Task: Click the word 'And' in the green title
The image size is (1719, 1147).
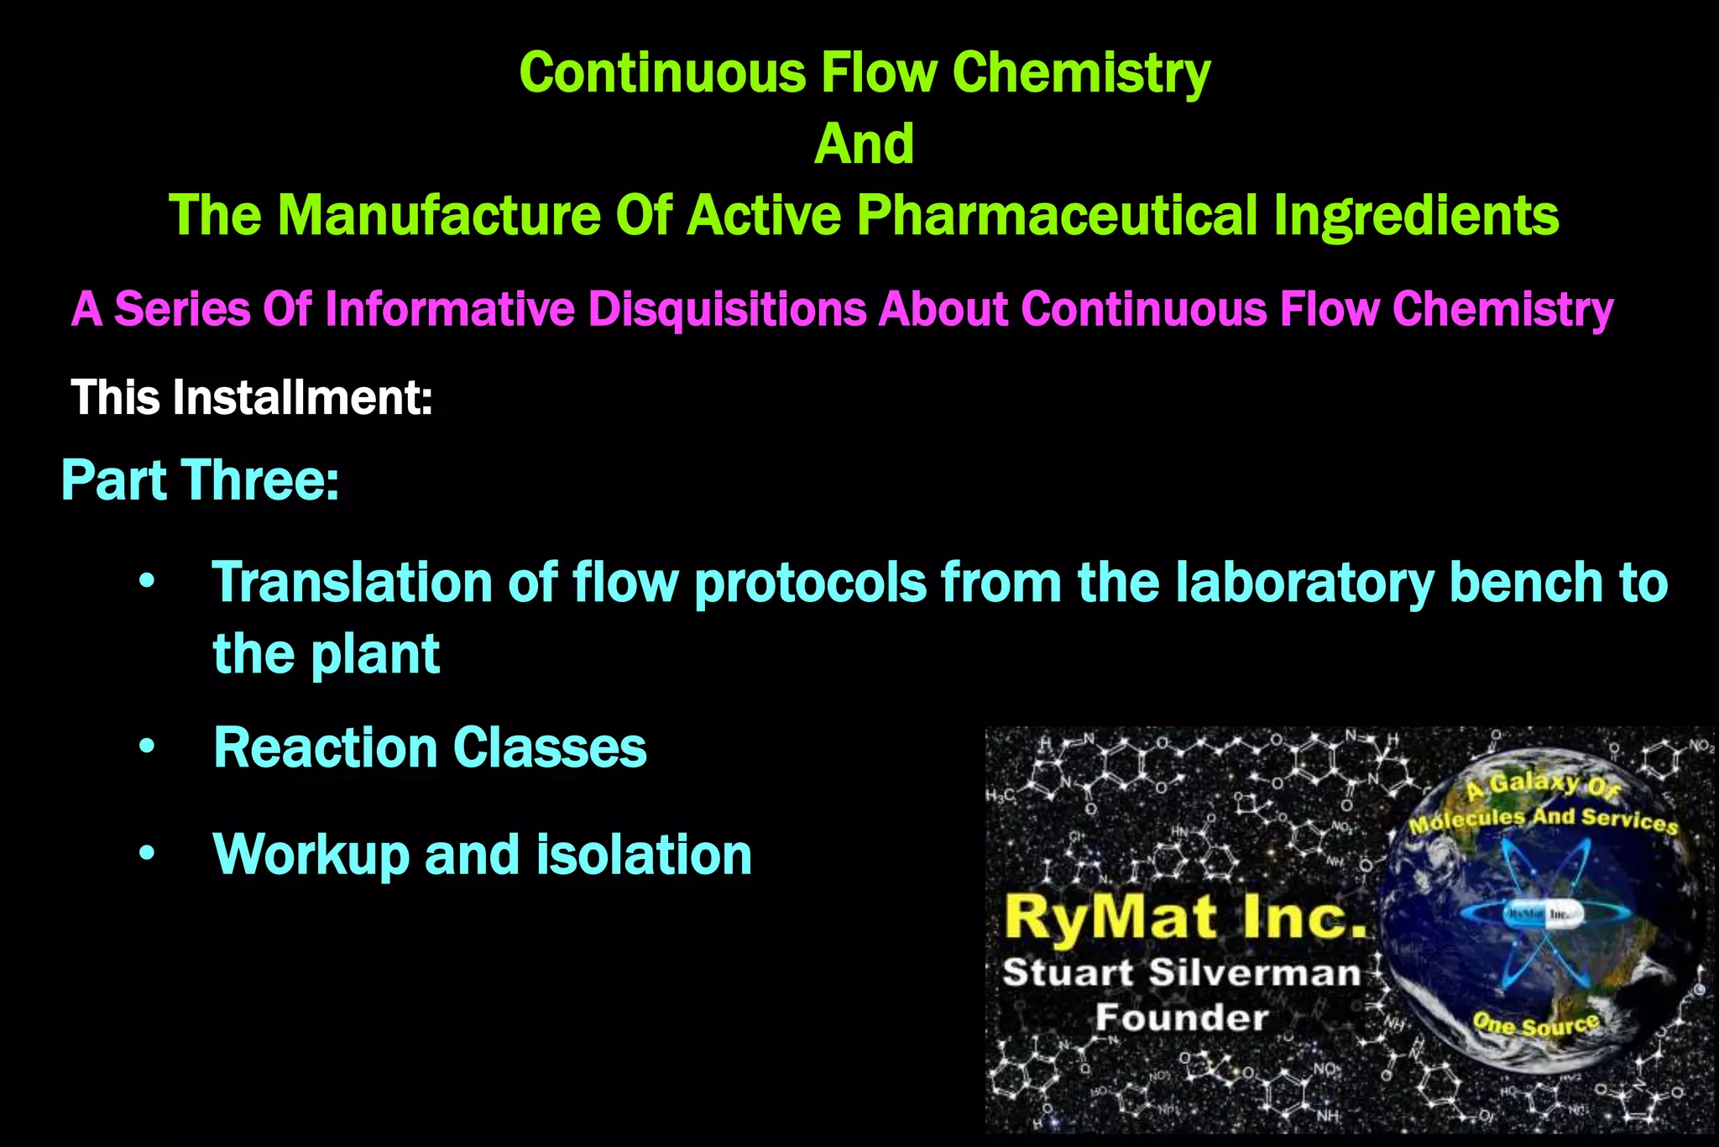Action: (x=864, y=144)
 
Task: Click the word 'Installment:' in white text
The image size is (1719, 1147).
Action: (x=303, y=397)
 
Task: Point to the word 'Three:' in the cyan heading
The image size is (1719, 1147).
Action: (x=261, y=480)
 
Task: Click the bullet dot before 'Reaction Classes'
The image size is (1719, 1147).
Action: (x=148, y=746)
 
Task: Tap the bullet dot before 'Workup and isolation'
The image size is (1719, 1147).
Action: (x=148, y=854)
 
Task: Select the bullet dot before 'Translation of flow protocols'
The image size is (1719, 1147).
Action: (x=148, y=582)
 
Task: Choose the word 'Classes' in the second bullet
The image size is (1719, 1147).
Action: (x=550, y=747)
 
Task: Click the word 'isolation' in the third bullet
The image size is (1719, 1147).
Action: (x=644, y=854)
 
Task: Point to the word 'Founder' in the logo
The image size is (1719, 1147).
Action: (x=1182, y=1018)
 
